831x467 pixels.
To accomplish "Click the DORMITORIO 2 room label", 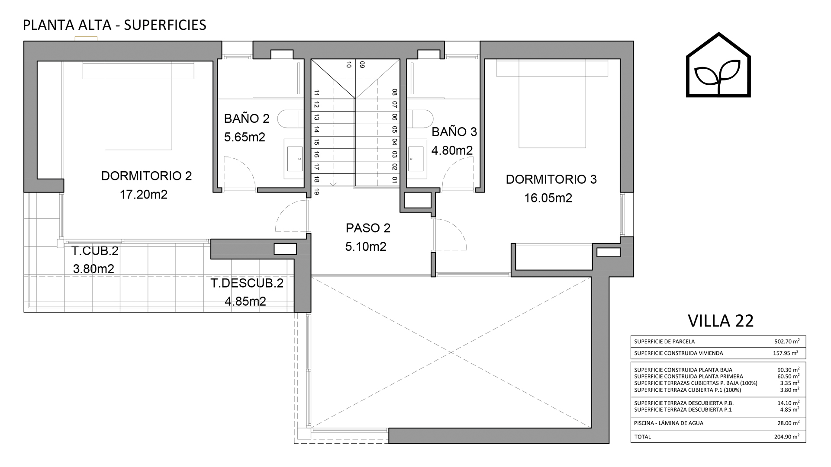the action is (146, 176).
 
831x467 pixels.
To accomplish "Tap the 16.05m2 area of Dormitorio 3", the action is (548, 198).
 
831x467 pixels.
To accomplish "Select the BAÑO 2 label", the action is (247, 118).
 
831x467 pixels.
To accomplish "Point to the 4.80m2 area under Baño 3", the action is (452, 150).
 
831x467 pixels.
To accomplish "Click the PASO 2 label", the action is (368, 228).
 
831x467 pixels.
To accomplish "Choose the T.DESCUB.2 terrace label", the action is (247, 283).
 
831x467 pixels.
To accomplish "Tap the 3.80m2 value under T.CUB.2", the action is (93, 269).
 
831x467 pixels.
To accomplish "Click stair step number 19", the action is (316, 192).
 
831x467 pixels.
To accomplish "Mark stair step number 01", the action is (394, 179).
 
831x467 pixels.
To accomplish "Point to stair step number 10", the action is (348, 65).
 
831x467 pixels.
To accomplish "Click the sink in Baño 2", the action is (295, 159).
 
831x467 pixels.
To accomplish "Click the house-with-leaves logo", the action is (718, 65).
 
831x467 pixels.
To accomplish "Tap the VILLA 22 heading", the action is (721, 321).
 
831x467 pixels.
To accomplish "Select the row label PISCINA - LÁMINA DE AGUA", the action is (669, 423).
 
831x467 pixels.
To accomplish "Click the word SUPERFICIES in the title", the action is (165, 25).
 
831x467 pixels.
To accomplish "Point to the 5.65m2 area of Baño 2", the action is (245, 137).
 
